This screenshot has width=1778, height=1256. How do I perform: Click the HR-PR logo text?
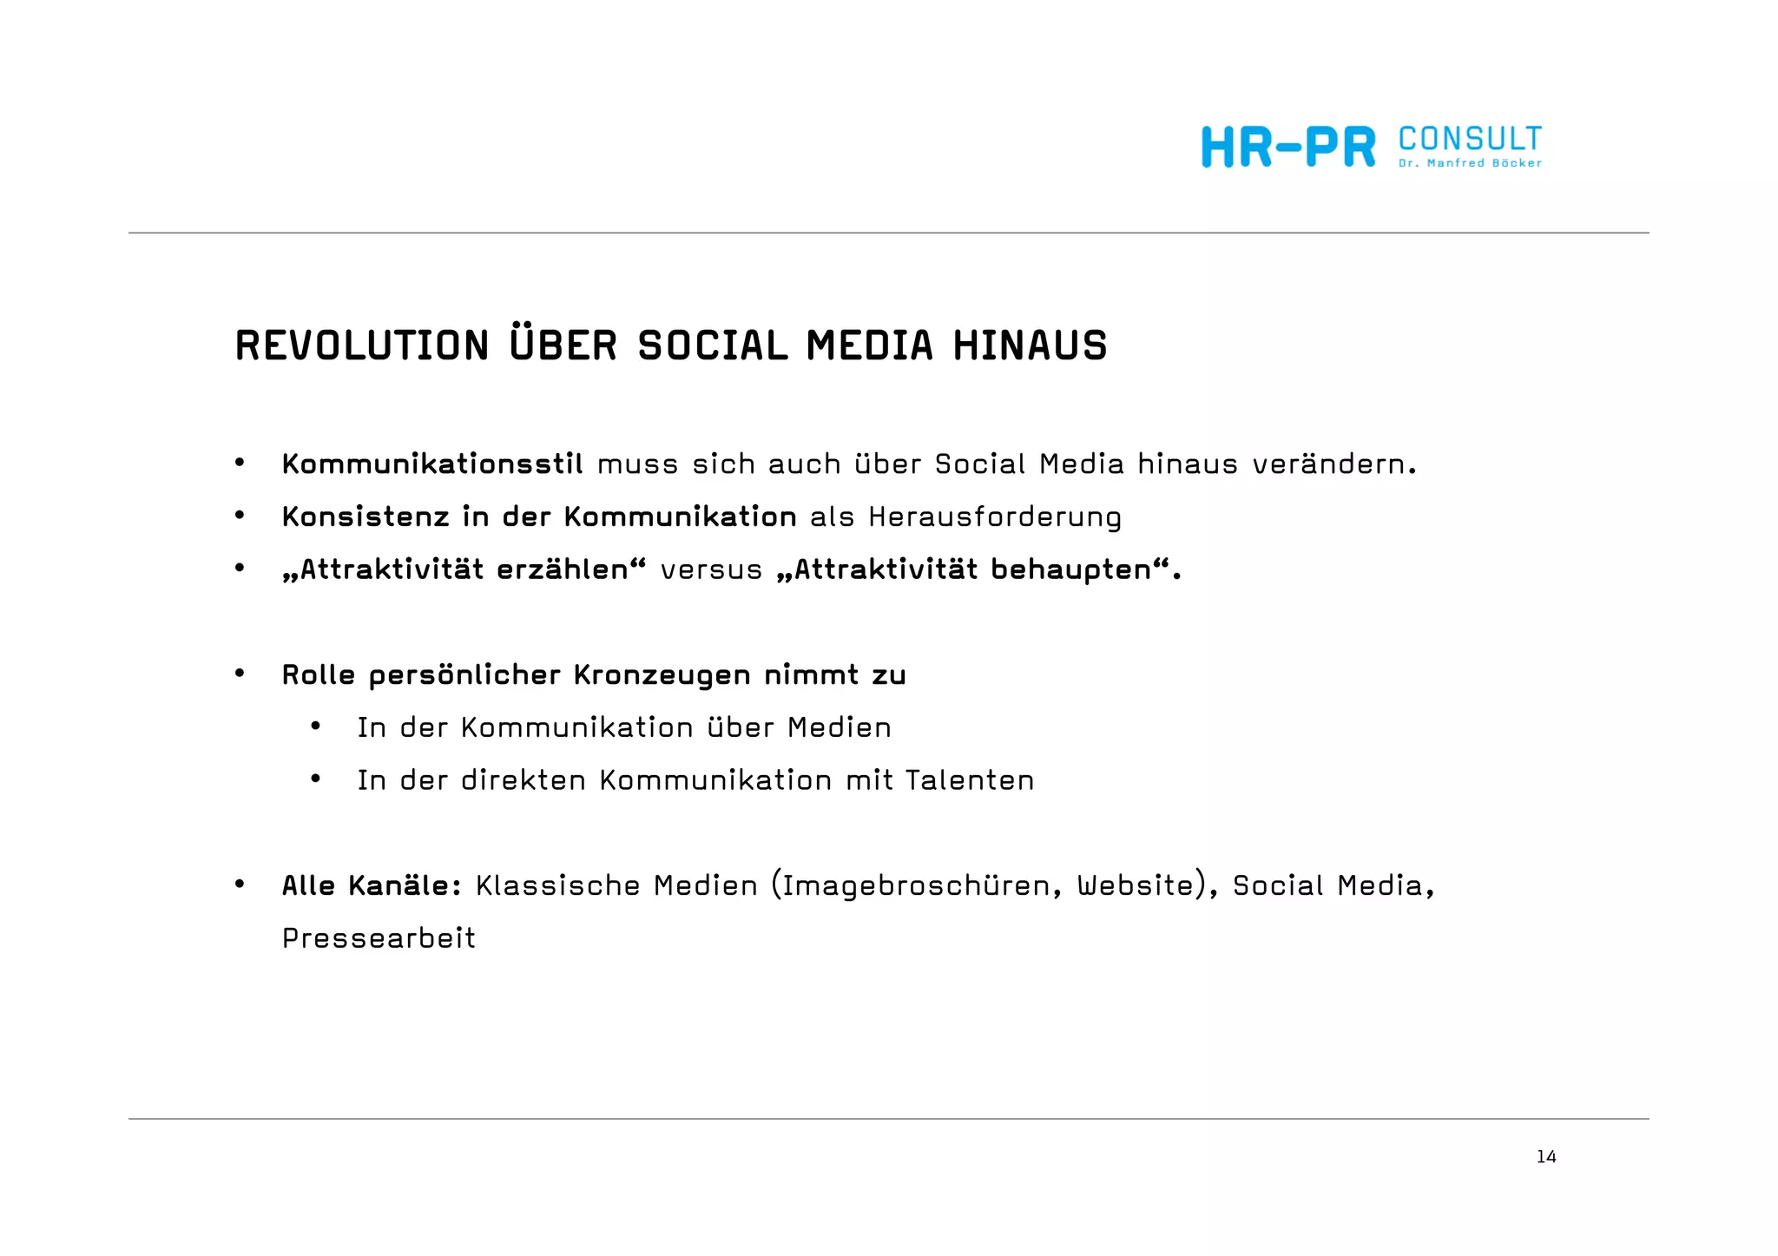click(1288, 148)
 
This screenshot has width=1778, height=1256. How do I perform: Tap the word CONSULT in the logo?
click(1470, 139)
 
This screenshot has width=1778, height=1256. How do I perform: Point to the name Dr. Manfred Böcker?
click(1470, 163)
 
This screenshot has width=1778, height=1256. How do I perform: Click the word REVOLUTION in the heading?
click(362, 345)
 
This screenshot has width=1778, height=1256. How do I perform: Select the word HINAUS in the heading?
click(1030, 345)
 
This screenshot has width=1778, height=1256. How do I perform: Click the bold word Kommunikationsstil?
click(432, 464)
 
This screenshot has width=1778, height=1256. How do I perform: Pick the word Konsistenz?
click(365, 517)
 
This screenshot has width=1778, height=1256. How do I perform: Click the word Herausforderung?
click(995, 517)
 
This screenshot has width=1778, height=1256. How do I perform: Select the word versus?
click(711, 570)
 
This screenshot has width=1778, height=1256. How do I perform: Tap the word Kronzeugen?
click(662, 675)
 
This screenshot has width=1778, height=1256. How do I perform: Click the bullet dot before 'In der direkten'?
click(316, 779)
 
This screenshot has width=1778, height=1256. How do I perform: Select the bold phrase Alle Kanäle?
click(372, 886)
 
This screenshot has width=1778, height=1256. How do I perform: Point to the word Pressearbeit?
click(379, 938)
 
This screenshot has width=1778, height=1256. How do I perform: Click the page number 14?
click(1546, 1157)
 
